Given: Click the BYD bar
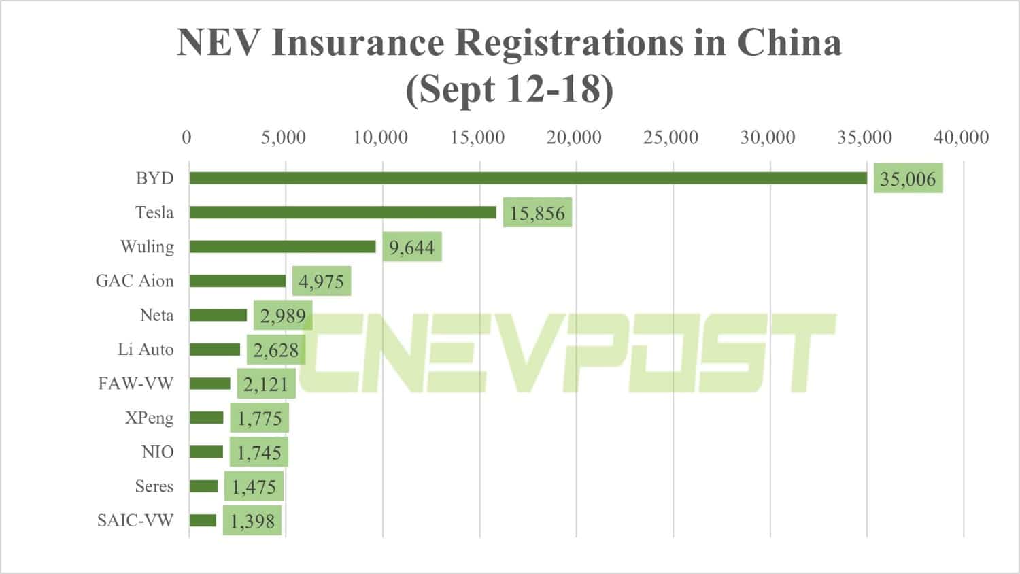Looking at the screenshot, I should coord(528,178).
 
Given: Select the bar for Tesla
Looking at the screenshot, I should coord(343,212).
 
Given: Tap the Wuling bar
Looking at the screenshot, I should coord(282,246).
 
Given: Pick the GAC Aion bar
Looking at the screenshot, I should coord(237,281).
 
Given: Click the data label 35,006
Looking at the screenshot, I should coord(908,179).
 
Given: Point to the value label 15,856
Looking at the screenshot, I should coord(537,213).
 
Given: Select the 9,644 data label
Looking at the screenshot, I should coord(411,247).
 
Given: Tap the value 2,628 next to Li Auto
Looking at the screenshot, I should coord(275,350).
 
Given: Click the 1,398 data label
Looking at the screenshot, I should coord(252,521).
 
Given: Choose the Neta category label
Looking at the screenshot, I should coord(156,315).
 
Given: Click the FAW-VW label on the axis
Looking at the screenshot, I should coord(135,384).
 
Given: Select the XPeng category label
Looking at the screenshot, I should coord(149,418).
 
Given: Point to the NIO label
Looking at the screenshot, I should coord(158,452).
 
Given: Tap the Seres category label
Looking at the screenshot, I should coord(154,486).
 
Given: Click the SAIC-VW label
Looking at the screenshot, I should coord(135,520).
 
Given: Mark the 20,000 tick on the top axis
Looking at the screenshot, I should coord(574,137).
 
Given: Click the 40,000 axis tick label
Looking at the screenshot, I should coord(961,137).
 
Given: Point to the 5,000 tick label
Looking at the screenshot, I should coord(283,137).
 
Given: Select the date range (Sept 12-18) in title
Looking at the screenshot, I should coord(509,89).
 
